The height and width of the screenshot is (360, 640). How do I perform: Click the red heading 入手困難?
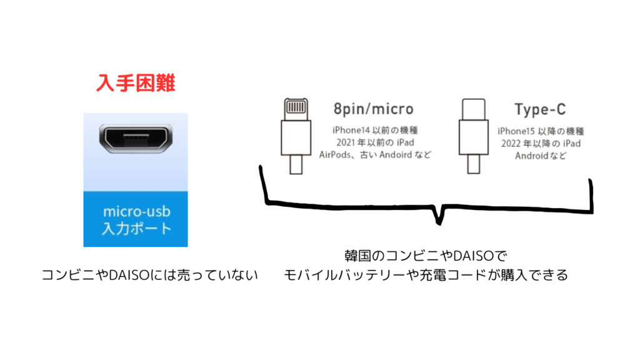[136, 83]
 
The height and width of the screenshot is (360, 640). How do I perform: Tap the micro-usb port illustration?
[136, 138]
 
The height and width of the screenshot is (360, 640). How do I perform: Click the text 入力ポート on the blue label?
[136, 228]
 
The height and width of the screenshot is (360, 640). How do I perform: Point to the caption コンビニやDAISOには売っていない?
[150, 275]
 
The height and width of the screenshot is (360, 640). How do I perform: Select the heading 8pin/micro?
[372, 109]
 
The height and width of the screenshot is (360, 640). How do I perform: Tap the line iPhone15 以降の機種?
[541, 131]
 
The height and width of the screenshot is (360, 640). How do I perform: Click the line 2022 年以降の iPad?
[541, 144]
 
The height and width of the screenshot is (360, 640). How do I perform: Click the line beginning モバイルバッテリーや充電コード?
[427, 275]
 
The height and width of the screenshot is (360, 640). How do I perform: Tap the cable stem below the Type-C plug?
[474, 164]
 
